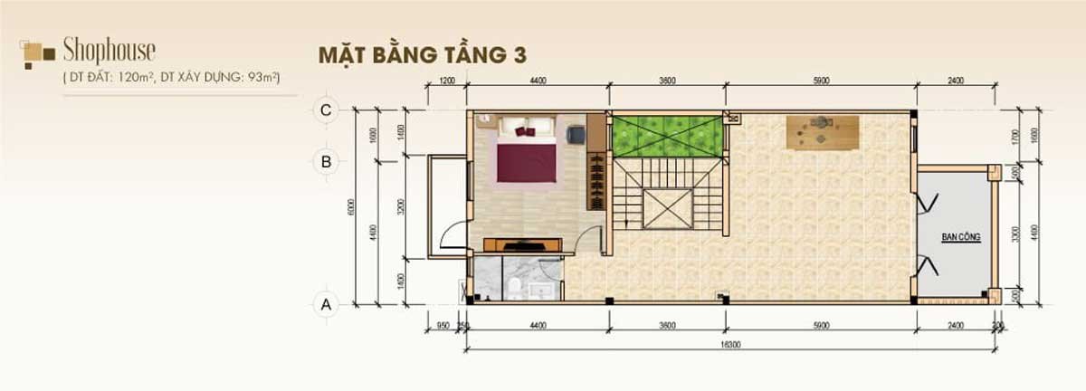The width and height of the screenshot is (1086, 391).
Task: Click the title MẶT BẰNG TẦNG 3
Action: [422, 53]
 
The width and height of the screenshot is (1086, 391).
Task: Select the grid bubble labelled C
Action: [325, 110]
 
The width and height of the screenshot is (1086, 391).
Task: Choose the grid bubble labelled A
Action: [325, 304]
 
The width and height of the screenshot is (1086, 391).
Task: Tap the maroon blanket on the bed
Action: [526, 162]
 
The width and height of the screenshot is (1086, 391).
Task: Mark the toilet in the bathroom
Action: [513, 287]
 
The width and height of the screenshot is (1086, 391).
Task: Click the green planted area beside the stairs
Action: [668, 137]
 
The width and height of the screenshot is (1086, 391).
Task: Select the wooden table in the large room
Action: [822, 132]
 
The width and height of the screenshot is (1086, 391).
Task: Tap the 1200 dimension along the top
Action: [447, 81]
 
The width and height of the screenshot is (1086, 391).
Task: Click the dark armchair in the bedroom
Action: [576, 134]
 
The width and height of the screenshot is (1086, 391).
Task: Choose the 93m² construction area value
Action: [271, 79]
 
